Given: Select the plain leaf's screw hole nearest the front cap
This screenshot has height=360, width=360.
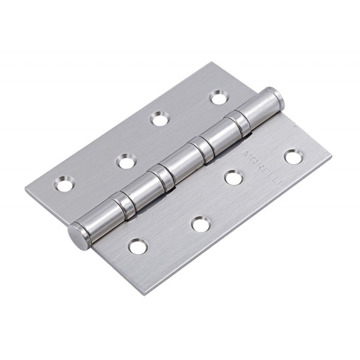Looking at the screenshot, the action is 65,184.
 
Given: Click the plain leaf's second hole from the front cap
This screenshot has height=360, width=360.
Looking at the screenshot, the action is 126,161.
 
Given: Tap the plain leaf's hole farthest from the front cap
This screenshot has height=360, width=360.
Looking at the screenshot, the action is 219,98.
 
